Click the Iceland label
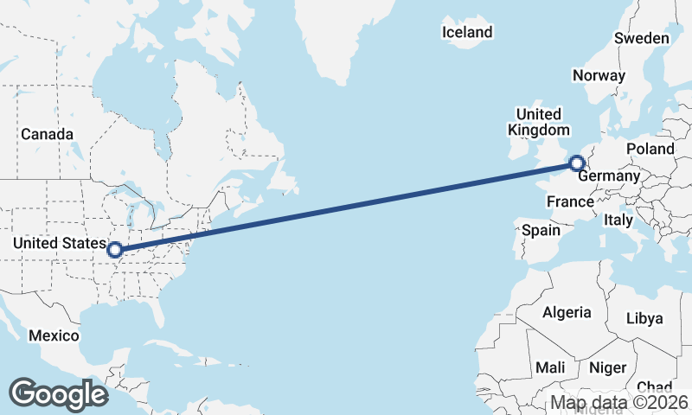pyautogui.click(x=466, y=33)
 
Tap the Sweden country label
pyautogui.click(x=641, y=38)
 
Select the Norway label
pyautogui.click(x=599, y=75)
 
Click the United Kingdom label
pyautogui.click(x=538, y=122)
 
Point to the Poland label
pyautogui.click(x=650, y=149)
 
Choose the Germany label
pyautogui.click(x=609, y=176)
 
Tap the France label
pyautogui.click(x=570, y=201)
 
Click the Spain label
pyautogui.click(x=541, y=230)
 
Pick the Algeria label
pyautogui.click(x=566, y=312)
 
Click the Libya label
pyautogui.click(x=644, y=318)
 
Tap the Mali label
pyautogui.click(x=550, y=367)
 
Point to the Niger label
pyautogui.click(x=607, y=367)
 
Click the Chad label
pyautogui.click(x=654, y=387)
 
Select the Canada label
pyautogui.click(x=47, y=134)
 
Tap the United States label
pyautogui.click(x=60, y=244)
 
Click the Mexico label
pyautogui.click(x=54, y=335)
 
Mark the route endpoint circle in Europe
pyautogui.click(x=577, y=163)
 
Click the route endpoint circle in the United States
pyautogui.click(x=116, y=252)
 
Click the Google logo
pyautogui.click(x=59, y=393)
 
